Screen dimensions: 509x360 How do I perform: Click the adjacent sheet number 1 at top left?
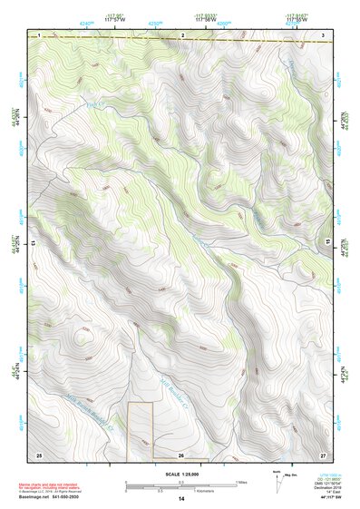point(39,34)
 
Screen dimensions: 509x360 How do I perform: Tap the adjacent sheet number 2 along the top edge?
point(183,34)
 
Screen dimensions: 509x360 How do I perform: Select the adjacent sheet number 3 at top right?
point(323,34)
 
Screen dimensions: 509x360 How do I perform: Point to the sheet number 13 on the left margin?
point(32,243)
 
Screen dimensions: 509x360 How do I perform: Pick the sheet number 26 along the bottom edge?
point(181,455)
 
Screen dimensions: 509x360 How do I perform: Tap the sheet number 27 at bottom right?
point(323,454)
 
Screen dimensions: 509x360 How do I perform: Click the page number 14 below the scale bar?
point(180,499)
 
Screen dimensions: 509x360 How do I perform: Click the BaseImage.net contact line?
point(53,498)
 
